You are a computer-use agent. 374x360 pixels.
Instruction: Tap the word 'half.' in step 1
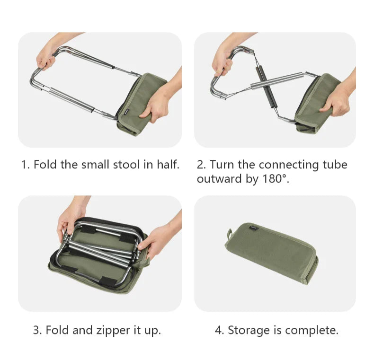[x=168, y=165]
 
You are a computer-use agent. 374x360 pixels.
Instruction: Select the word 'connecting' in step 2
[x=289, y=165]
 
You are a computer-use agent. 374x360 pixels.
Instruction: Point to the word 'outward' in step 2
[x=220, y=178]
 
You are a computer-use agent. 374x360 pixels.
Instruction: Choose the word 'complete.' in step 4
[x=312, y=331]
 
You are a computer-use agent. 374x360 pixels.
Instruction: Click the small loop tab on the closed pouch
[x=230, y=234]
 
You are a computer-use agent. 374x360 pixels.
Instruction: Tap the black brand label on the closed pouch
[x=254, y=228]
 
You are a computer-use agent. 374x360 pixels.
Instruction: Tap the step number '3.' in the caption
[x=37, y=331]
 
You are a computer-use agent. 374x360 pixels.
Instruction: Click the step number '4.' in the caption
[x=219, y=331]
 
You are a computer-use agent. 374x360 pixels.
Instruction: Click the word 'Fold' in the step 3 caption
[x=57, y=331]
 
